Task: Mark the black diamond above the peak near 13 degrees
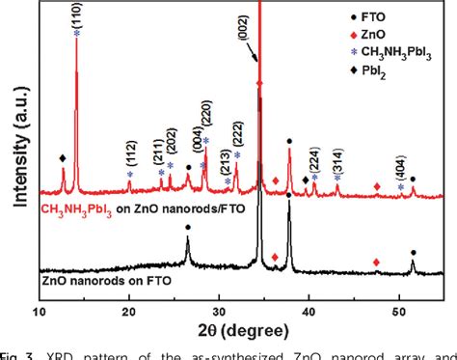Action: (x=64, y=157)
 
